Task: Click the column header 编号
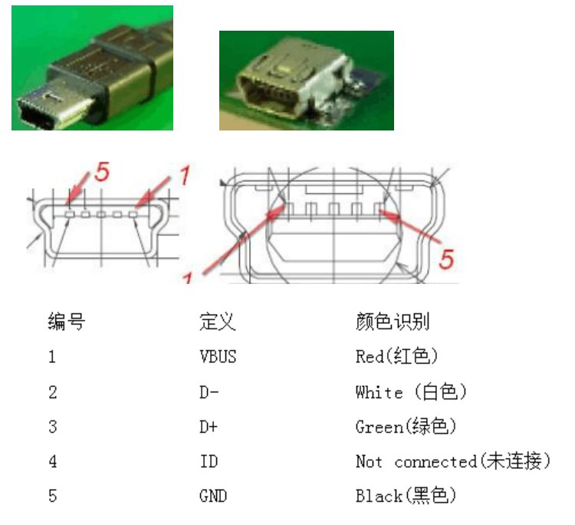pyautogui.click(x=66, y=322)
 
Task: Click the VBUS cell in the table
pyautogui.click(x=218, y=357)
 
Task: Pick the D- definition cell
pyautogui.click(x=209, y=392)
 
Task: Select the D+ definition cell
pyautogui.click(x=209, y=427)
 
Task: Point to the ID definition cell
pyautogui.click(x=209, y=462)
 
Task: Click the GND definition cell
pyautogui.click(x=213, y=497)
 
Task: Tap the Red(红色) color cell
pyautogui.click(x=396, y=357)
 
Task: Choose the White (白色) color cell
pyautogui.click(x=411, y=392)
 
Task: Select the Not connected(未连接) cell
pyautogui.click(x=453, y=462)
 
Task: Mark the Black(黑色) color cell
pyautogui.click(x=406, y=497)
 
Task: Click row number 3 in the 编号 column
pyautogui.click(x=52, y=427)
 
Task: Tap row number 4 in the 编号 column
pyautogui.click(x=52, y=462)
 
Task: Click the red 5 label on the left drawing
pyautogui.click(x=102, y=172)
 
